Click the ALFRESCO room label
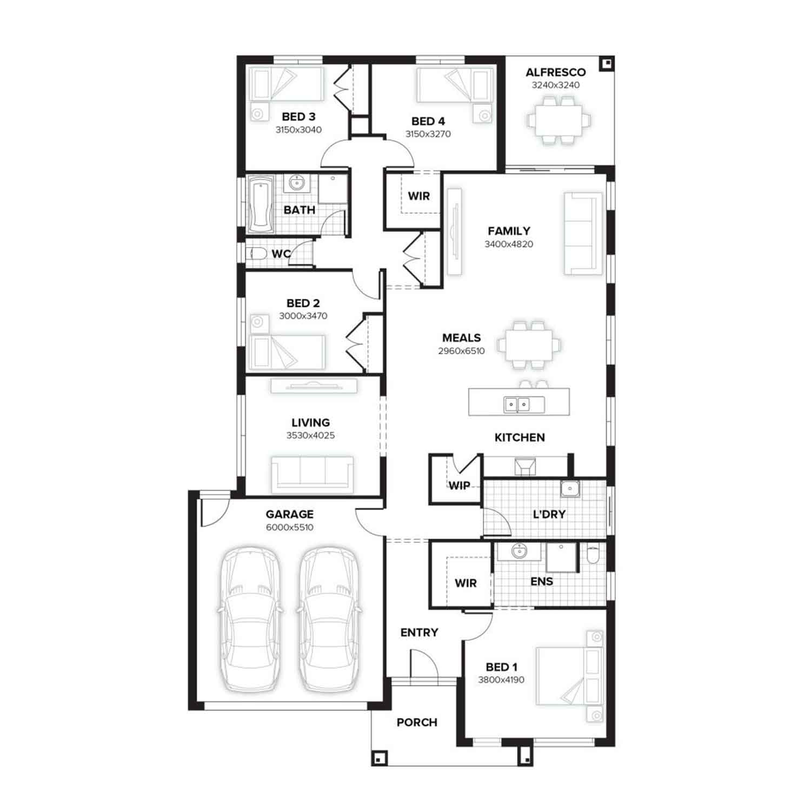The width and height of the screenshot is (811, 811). point(555,72)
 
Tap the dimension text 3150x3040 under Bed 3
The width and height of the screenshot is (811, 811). point(298,130)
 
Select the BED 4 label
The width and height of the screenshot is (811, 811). point(428,121)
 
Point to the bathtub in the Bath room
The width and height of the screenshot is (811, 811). point(262,204)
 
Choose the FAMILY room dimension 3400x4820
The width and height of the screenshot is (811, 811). point(509,244)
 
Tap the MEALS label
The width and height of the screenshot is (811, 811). point(461,338)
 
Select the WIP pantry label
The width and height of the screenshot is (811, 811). point(459,486)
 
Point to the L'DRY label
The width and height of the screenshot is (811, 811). point(549,514)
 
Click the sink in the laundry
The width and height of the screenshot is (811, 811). point(570,489)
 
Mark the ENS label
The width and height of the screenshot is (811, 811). point(542,582)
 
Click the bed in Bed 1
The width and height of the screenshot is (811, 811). point(569,676)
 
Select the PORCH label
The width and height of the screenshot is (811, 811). point(417,722)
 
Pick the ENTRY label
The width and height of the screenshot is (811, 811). point(419,633)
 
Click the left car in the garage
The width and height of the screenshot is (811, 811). point(250,620)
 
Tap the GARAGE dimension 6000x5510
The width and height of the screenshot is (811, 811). point(290,527)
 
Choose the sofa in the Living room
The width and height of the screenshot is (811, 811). point(313,474)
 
